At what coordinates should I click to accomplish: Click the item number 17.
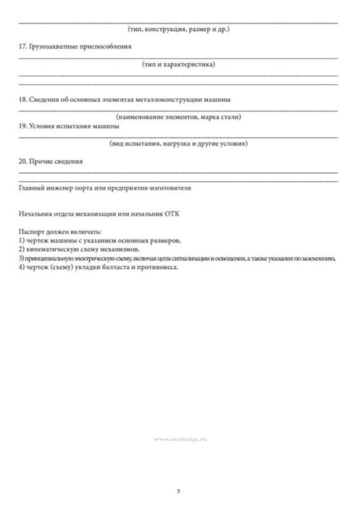pyautogui.click(x=23, y=46)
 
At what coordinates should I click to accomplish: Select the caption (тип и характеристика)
pyautogui.click(x=179, y=64)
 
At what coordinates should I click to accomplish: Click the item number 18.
pyautogui.click(x=23, y=100)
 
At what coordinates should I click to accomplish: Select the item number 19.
pyautogui.click(x=23, y=126)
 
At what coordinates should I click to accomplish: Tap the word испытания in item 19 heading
pyautogui.click(x=73, y=126)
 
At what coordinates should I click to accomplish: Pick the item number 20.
pyautogui.click(x=23, y=161)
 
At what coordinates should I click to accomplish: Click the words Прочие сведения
pyautogui.click(x=56, y=161)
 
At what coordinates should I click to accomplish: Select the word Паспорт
pyautogui.click(x=29, y=232)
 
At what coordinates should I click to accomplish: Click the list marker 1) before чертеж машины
pyautogui.click(x=21, y=241)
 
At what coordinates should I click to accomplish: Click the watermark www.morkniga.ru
pyautogui.click(x=180, y=440)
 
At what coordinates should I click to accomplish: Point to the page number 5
pyautogui.click(x=179, y=491)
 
